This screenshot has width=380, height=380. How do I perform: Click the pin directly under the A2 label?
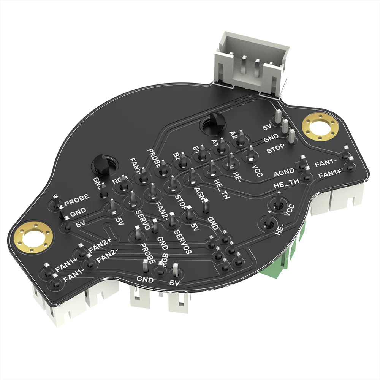pyautogui.click(x=240, y=142)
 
